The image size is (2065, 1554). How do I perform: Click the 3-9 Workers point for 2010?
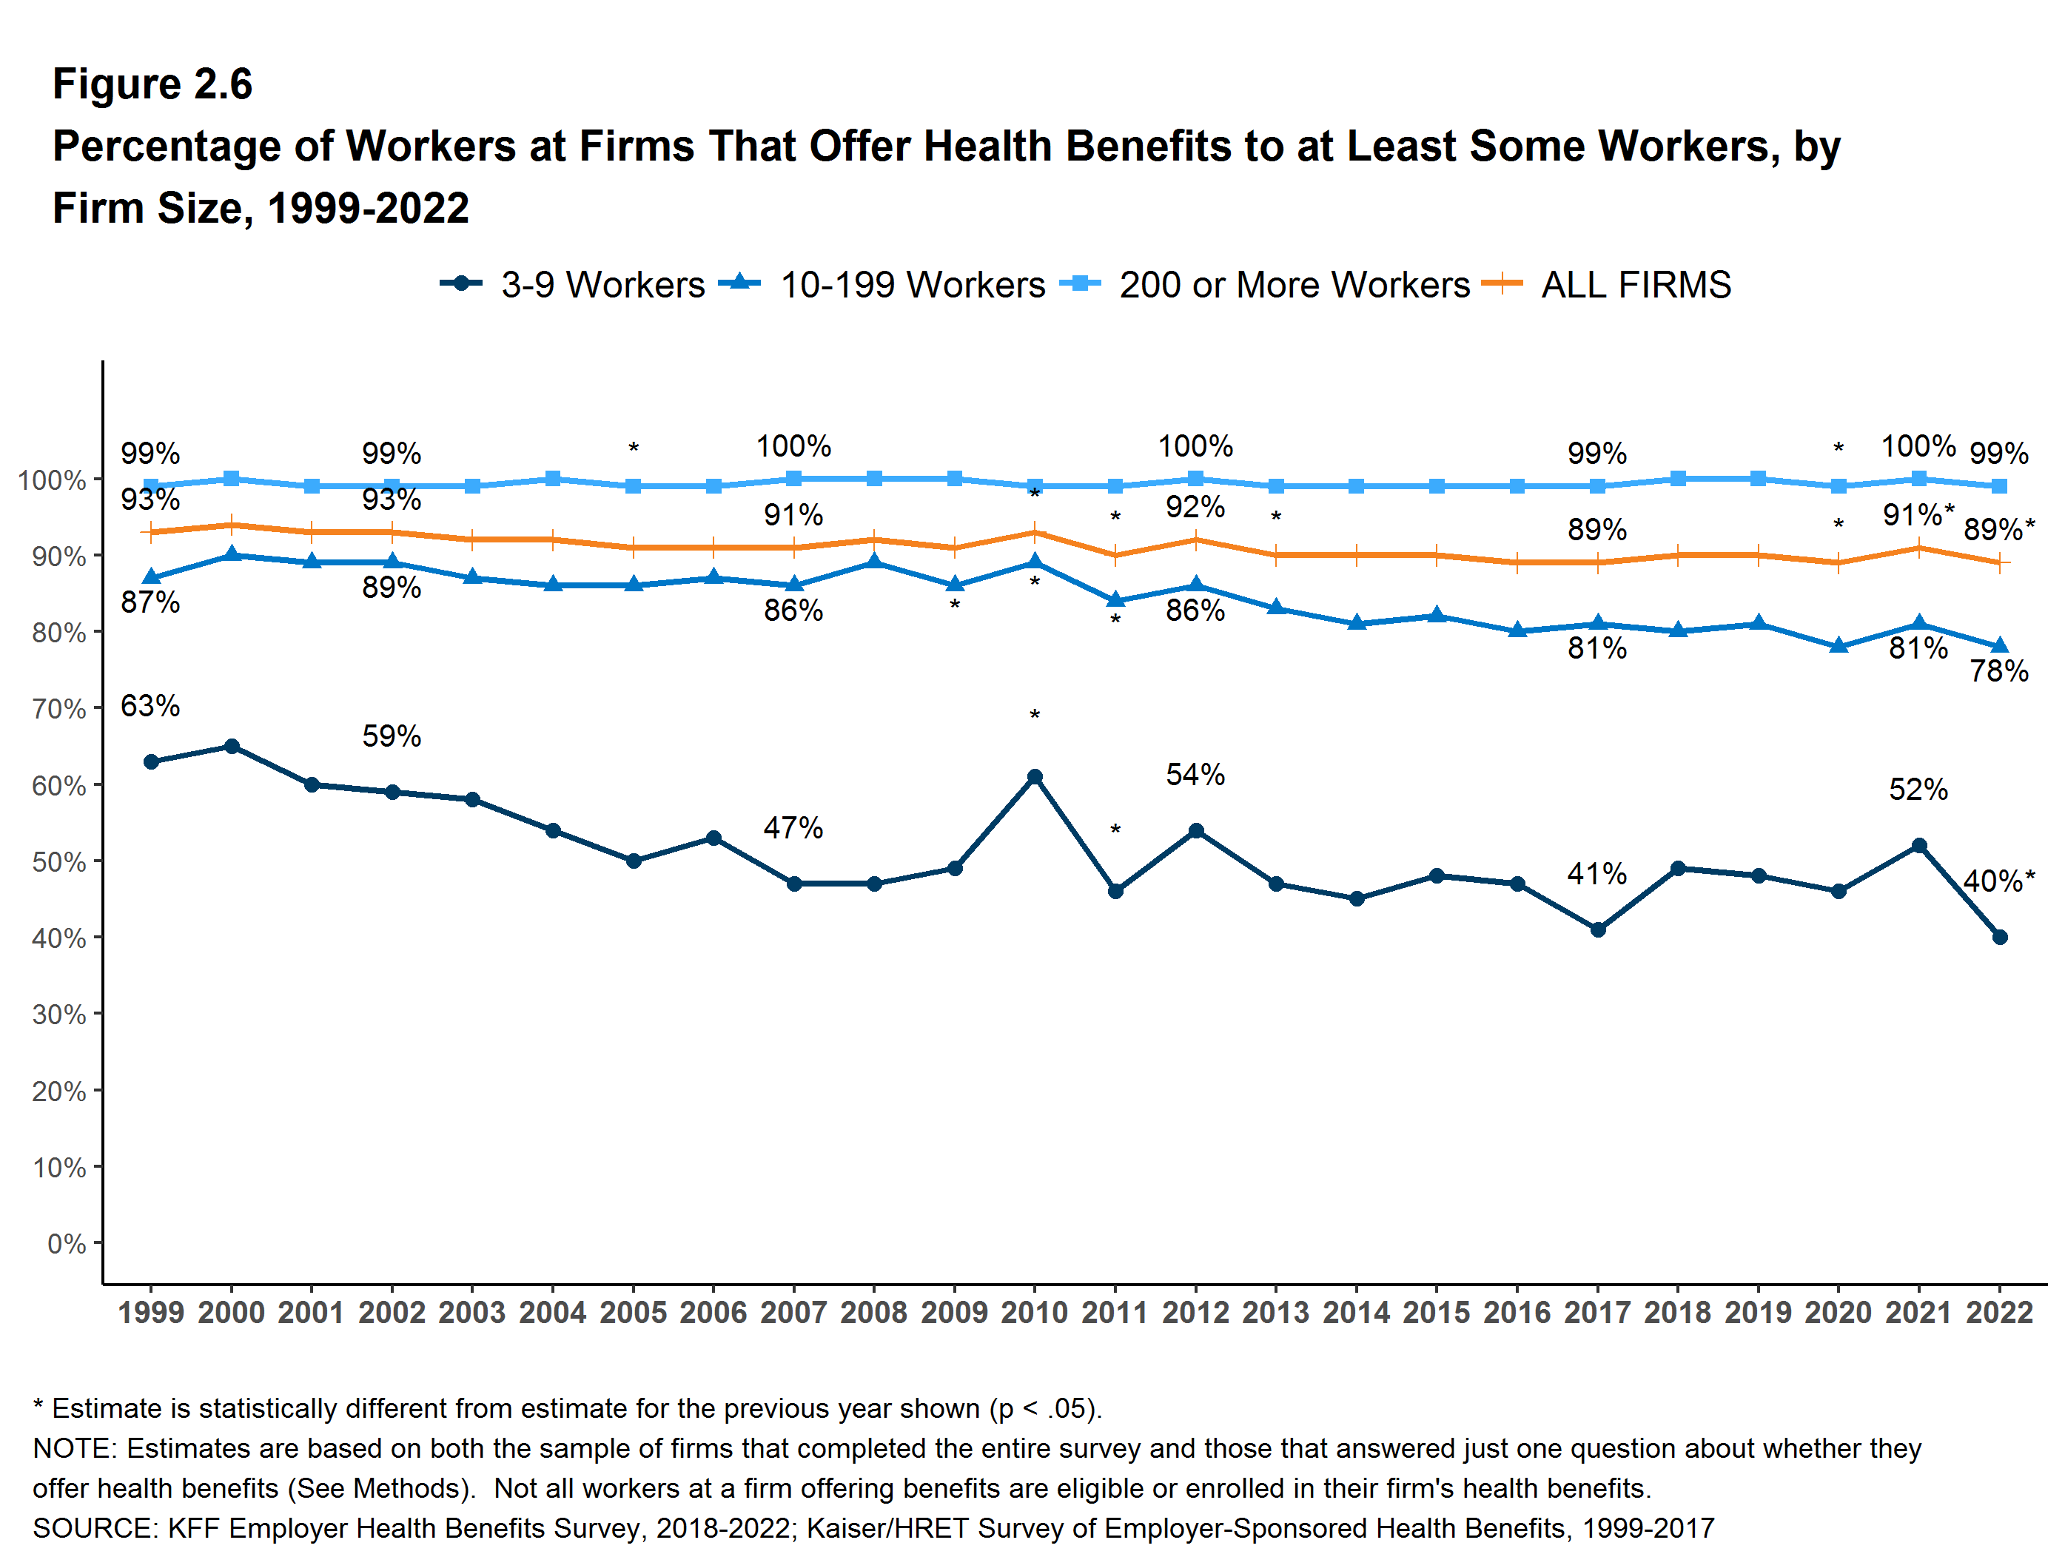pyautogui.click(x=1035, y=776)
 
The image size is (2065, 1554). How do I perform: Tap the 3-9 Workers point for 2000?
pyautogui.click(x=232, y=746)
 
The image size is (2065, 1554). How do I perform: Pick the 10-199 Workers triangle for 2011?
pyautogui.click(x=1115, y=600)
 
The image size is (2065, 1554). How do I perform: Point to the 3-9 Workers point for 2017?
pyautogui.click(x=1597, y=929)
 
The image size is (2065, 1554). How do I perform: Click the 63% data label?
pyautogui.click(x=150, y=706)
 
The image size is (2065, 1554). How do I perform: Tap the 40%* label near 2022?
pyautogui.click(x=1998, y=881)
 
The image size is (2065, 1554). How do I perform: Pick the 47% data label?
pyautogui.click(x=793, y=828)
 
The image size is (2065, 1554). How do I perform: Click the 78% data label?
pyautogui.click(x=1998, y=671)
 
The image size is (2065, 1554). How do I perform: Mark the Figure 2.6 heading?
pyautogui.click(x=152, y=84)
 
